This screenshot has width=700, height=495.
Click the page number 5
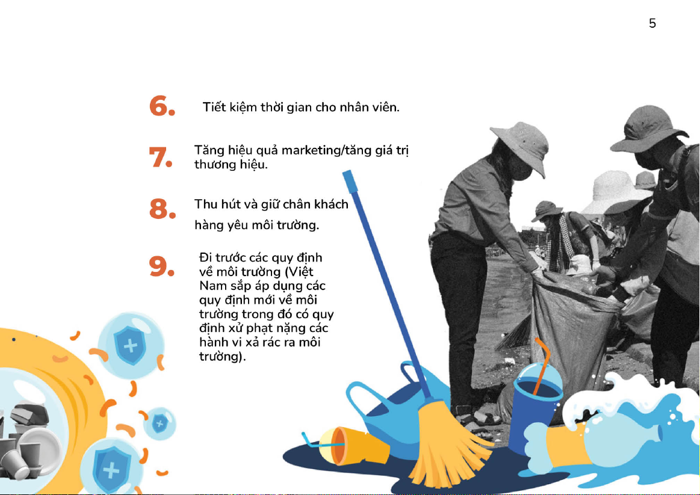652,23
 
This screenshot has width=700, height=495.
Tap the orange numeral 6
162,106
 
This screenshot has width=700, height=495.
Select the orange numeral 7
161,157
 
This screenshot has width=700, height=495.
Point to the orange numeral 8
162,208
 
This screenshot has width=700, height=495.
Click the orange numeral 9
161,266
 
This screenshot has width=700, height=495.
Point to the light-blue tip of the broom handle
348,180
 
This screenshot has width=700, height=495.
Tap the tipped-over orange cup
353,446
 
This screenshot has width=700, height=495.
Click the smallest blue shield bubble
160,423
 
